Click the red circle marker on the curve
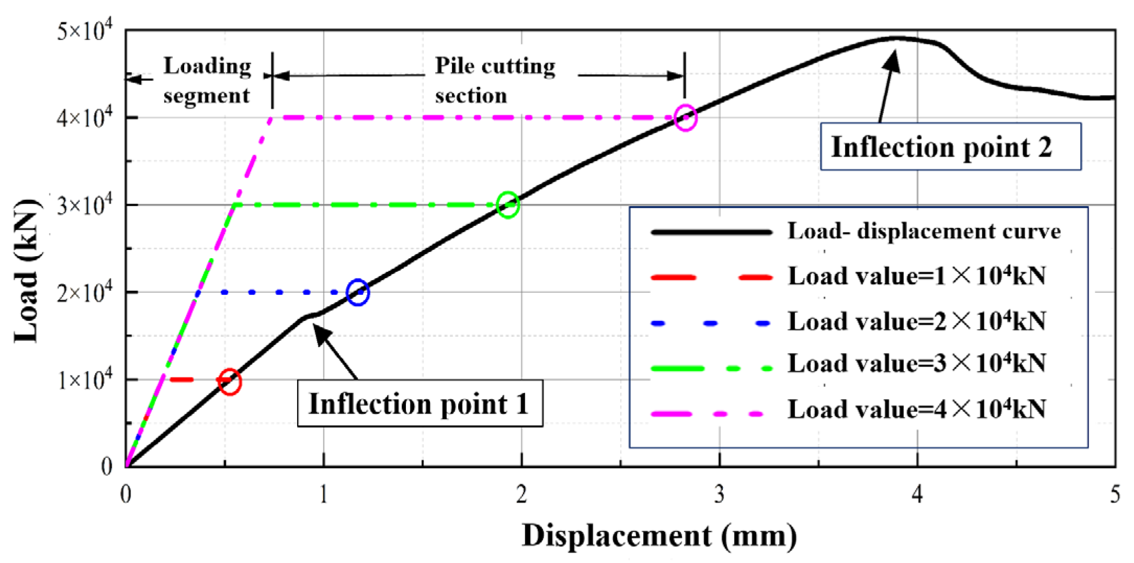230,382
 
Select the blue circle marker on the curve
358,292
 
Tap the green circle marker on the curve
508,204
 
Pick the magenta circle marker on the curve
685,118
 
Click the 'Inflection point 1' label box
420,404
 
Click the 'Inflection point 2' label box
950,147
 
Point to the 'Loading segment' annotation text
207,81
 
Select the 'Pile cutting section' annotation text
495,81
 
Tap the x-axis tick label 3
719,494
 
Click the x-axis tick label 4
917,494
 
